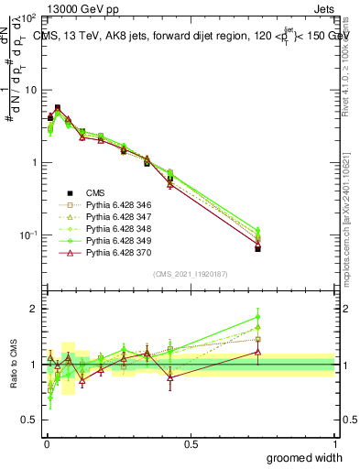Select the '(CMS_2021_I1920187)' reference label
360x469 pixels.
point(190,274)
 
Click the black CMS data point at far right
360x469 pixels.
point(258,248)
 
